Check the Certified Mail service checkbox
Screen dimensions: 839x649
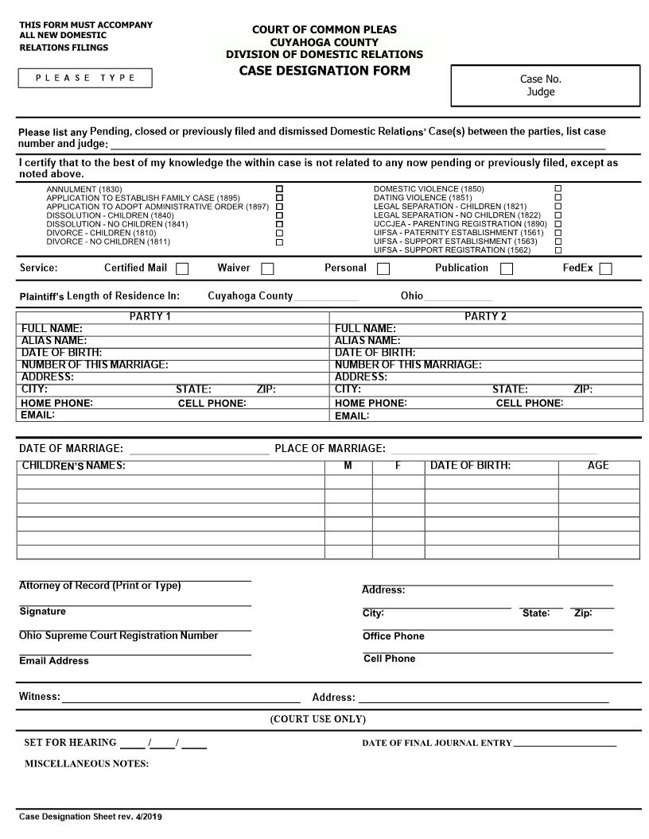coord(182,269)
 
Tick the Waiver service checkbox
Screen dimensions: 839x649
coord(267,269)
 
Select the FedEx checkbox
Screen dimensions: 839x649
coord(605,269)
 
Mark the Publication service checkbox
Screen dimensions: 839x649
coord(507,269)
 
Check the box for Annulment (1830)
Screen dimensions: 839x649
coord(279,189)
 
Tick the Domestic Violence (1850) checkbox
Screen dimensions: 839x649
coord(558,189)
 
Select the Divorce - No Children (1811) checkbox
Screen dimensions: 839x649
coord(279,242)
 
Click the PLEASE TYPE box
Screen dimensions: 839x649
coord(85,78)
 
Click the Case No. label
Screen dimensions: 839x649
coord(541,79)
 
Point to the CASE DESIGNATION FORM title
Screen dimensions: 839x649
coord(324,71)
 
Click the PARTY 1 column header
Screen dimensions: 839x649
coord(150,316)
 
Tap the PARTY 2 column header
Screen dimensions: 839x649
coord(485,316)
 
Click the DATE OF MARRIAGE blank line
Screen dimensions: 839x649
coord(199,450)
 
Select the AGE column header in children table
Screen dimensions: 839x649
coord(598,466)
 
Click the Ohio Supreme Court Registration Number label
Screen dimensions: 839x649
coord(119,636)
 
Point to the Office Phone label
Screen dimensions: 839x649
coord(394,636)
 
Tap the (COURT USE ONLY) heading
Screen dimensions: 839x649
coord(318,719)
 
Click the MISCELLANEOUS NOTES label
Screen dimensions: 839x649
coord(87,764)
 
